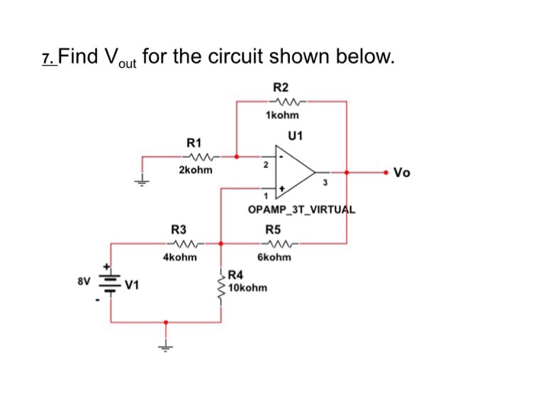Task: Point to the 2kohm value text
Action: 195,170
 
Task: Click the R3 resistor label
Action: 179,229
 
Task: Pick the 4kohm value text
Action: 179,257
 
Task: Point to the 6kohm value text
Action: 274,257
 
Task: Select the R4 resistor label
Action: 235,275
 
